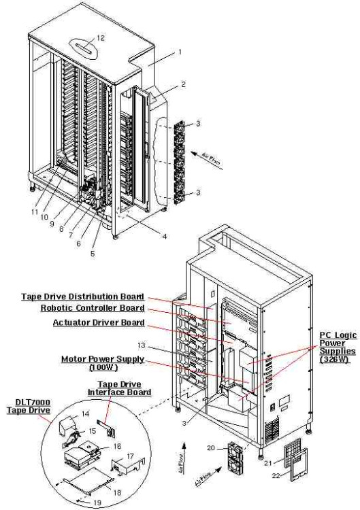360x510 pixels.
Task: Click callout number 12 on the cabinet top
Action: click(101, 37)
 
